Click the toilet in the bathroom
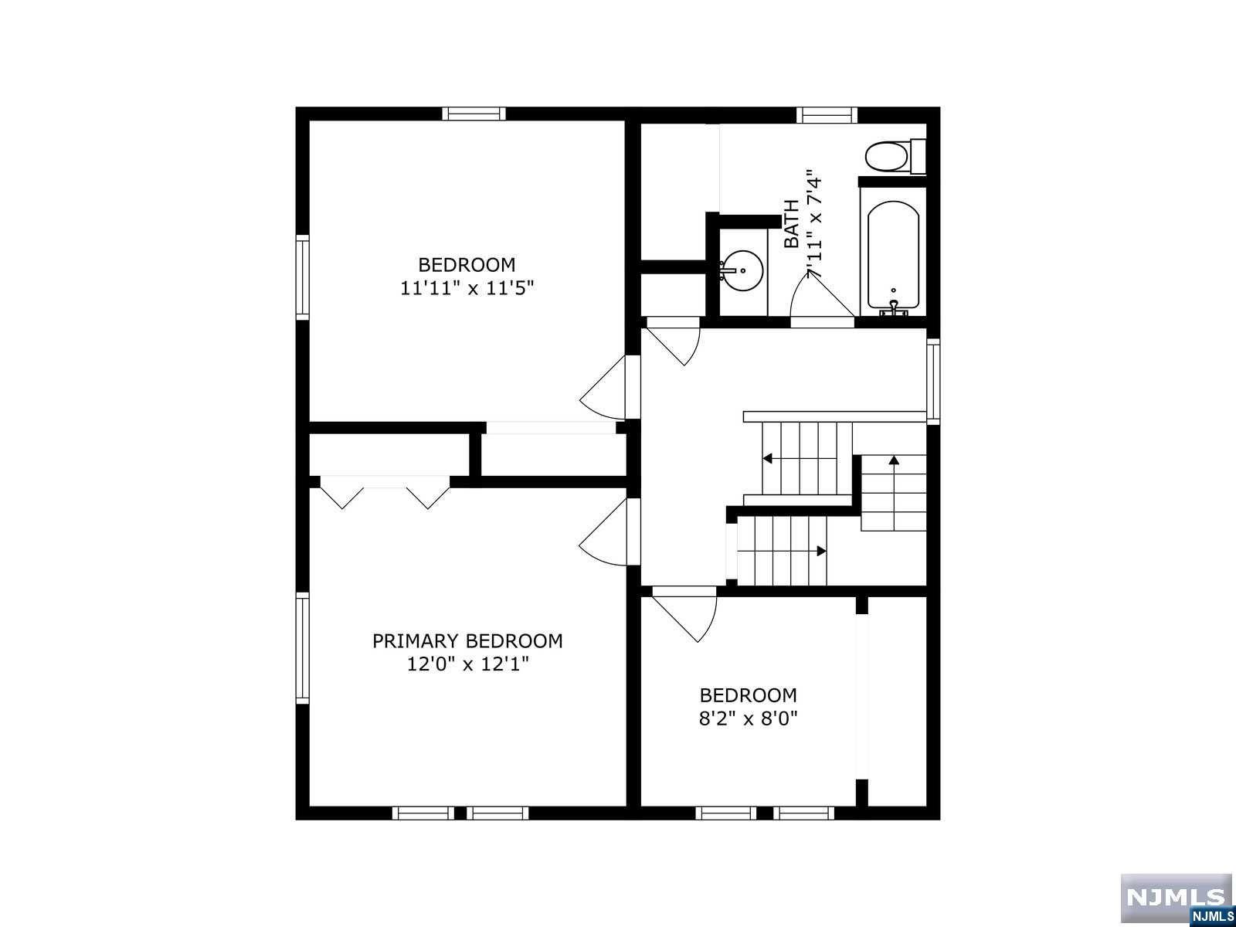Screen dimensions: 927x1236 [888, 157]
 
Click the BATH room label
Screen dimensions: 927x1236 [791, 224]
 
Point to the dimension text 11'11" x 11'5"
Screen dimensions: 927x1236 [467, 289]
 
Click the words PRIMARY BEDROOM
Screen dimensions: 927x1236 [467, 640]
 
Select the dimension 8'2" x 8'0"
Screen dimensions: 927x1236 [748, 718]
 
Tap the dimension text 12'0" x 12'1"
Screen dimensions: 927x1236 [467, 664]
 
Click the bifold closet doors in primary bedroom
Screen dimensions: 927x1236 [384, 493]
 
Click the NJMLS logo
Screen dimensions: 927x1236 [1175, 899]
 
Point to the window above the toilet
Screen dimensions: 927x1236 [827, 115]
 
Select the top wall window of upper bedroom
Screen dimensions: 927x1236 [474, 114]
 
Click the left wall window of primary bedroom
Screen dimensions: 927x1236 [302, 647]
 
